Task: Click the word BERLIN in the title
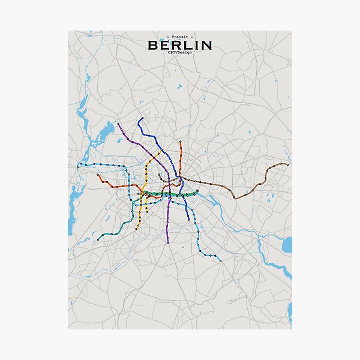point(179,46)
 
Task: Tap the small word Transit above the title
point(179,37)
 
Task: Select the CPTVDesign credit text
point(179,54)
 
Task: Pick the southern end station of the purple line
point(168,242)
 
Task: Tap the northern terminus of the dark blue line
point(142,118)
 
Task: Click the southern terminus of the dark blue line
point(189,220)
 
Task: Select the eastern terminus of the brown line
point(288,164)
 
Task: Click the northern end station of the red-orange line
point(181,142)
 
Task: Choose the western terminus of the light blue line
point(78,164)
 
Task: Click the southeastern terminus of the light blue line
point(220,262)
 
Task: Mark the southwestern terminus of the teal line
point(99,239)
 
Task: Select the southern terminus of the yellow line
point(139,228)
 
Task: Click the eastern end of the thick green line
point(197,191)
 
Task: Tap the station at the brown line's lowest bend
point(235,197)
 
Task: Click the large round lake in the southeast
point(286,244)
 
